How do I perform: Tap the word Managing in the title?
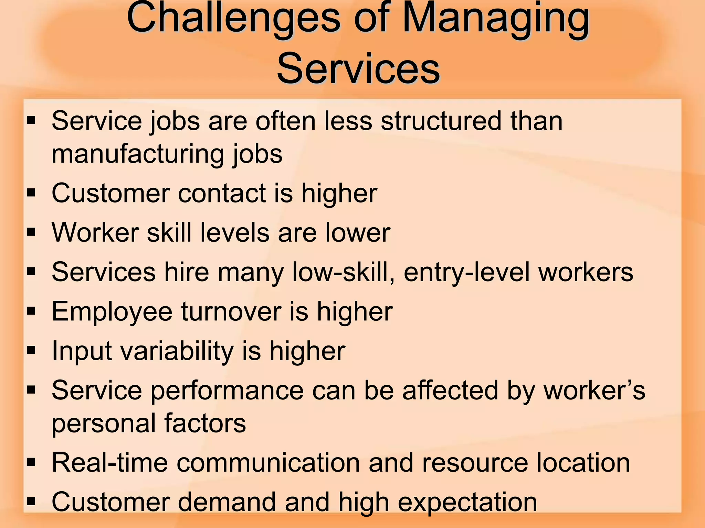[x=496, y=19]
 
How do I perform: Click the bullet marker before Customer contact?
[x=31, y=193]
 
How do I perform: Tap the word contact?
[x=222, y=193]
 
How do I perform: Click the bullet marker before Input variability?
[x=31, y=351]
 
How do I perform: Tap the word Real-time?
[x=110, y=462]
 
